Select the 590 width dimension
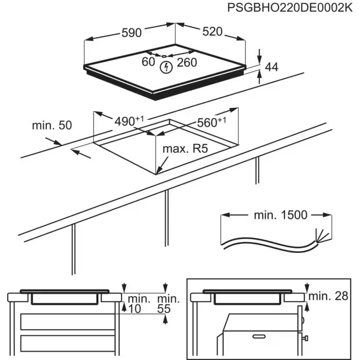131,32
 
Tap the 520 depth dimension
212,31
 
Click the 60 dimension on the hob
148,62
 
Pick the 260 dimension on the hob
187,63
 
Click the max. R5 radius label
185,149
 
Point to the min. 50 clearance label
52,125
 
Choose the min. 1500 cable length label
280,215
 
